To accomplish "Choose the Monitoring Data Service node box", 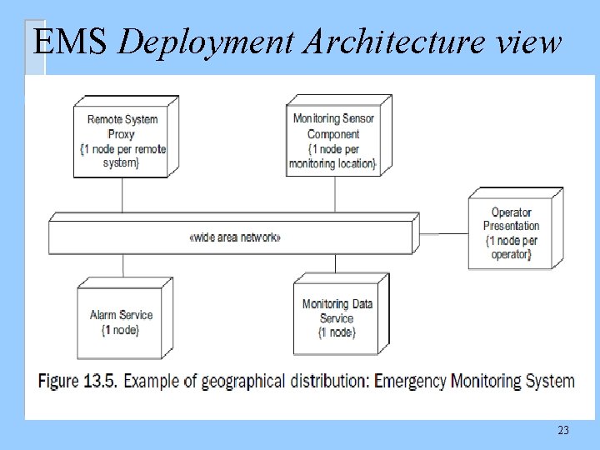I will tap(337, 318).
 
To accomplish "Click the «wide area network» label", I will tap(236, 237).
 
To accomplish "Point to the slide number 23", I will tap(562, 430).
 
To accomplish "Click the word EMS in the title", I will tap(70, 42).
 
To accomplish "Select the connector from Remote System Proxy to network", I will tap(122, 196).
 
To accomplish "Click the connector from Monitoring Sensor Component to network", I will tap(335, 196).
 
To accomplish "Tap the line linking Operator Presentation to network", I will tap(442, 233).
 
